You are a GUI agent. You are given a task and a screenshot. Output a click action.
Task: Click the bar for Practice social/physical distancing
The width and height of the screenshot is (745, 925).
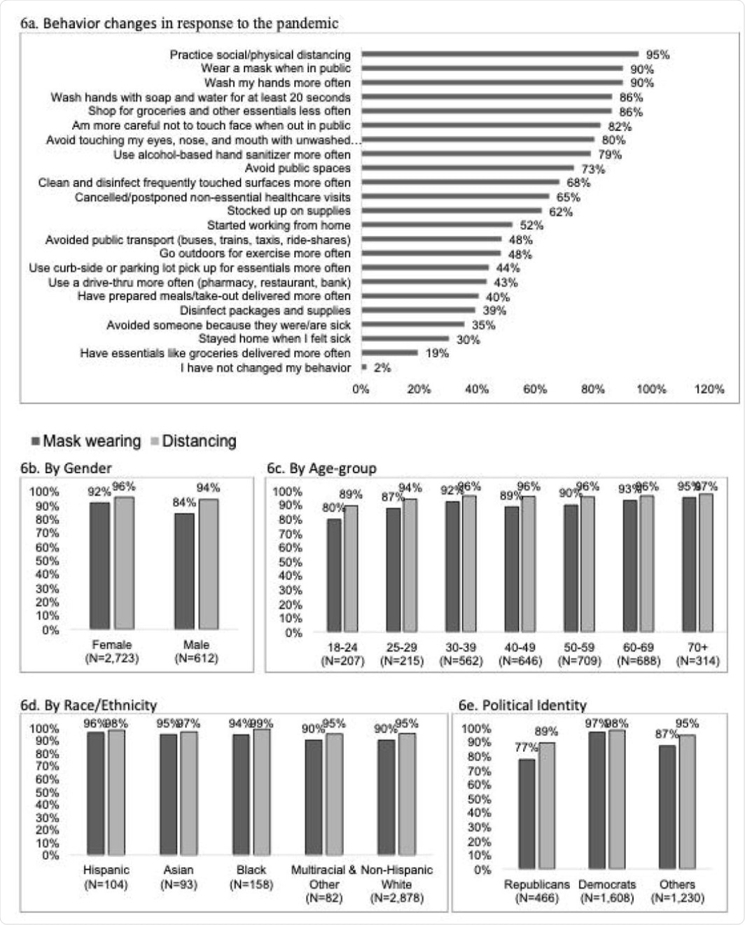point(500,54)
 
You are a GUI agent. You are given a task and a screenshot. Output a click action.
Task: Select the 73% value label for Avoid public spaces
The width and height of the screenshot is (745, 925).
point(593,169)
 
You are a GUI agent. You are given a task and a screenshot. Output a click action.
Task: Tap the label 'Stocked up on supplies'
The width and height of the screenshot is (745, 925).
point(288,211)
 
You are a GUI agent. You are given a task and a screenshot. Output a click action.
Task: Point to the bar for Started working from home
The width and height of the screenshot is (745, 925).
point(437,225)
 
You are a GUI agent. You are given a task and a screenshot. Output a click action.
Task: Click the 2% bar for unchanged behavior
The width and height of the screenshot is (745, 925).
point(364,367)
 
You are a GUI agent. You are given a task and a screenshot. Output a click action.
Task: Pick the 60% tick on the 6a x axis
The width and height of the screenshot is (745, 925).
point(535,389)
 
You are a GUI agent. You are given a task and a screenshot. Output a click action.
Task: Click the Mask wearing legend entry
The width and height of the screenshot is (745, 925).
point(85,441)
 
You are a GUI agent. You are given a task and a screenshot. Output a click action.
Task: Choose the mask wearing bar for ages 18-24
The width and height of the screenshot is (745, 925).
point(334,575)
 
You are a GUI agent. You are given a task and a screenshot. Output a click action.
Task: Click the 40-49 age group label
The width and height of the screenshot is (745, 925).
point(520,654)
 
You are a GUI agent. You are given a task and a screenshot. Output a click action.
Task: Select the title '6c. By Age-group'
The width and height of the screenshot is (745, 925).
point(321,468)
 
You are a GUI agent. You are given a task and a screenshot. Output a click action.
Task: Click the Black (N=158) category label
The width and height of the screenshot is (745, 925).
point(251,877)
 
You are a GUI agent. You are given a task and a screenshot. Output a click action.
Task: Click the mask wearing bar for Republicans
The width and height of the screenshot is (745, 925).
point(527,814)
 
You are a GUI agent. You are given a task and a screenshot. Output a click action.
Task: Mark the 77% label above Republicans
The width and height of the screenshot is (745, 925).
point(526,747)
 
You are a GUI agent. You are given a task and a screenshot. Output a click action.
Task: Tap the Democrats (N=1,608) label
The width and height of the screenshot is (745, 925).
point(607,891)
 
